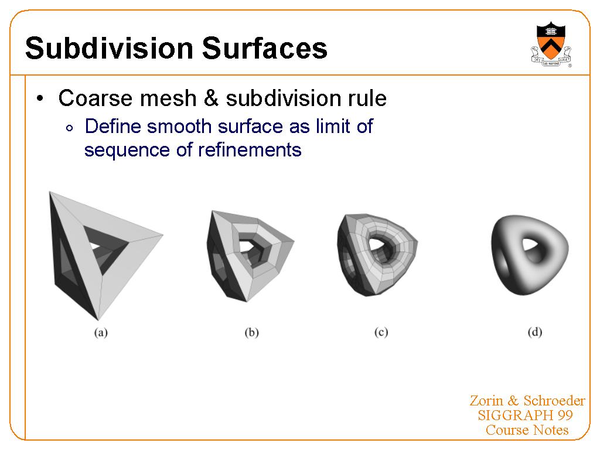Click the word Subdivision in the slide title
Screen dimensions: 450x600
coord(109,48)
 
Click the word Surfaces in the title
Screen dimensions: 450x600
coord(264,48)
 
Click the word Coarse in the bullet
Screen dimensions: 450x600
coord(96,98)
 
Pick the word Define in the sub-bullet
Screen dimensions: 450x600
coord(113,126)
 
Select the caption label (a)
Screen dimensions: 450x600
coord(101,332)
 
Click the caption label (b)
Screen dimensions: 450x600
coord(251,332)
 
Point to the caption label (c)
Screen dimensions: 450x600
coord(381,332)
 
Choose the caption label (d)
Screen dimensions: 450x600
coord(534,332)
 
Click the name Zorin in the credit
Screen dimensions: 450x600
coord(486,401)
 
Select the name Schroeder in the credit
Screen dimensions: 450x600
coord(554,401)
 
